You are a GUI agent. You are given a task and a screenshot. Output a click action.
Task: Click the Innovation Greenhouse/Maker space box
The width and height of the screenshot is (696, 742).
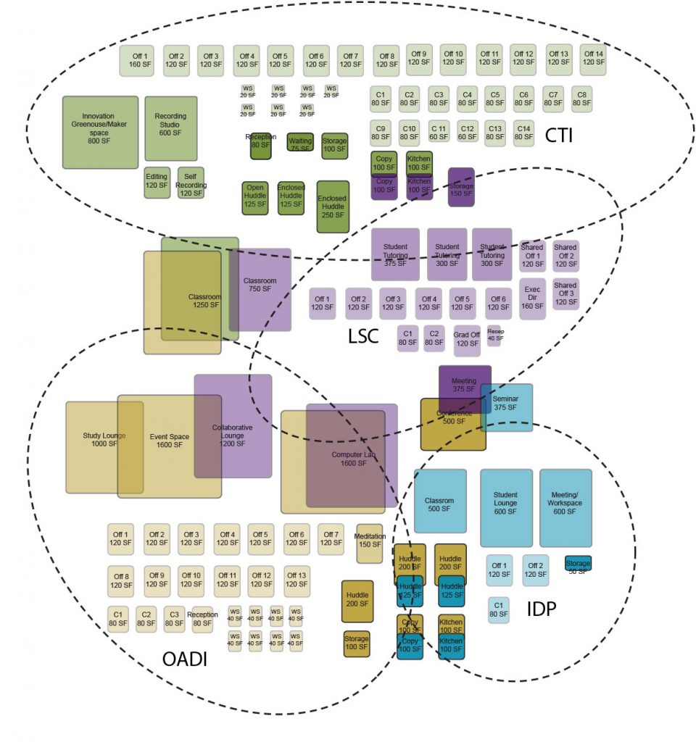pyautogui.click(x=100, y=132)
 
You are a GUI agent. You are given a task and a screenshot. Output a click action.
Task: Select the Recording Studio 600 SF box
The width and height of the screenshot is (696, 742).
pyautogui.click(x=170, y=128)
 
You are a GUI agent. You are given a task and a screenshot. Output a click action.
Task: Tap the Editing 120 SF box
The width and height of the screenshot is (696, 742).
pyautogui.click(x=157, y=182)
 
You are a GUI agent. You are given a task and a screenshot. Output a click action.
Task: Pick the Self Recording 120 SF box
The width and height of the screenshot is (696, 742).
pyautogui.click(x=191, y=183)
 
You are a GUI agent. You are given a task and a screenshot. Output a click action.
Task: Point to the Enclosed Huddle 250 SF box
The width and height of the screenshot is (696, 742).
pyautogui.click(x=333, y=207)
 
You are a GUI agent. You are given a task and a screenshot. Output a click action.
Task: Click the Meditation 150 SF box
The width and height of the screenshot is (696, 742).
pyautogui.click(x=369, y=542)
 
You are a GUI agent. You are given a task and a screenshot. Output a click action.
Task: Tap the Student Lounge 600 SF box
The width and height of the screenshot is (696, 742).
pyautogui.click(x=505, y=507)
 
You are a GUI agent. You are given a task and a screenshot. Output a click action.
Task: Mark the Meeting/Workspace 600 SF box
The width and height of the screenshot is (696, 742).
pyautogui.click(x=565, y=507)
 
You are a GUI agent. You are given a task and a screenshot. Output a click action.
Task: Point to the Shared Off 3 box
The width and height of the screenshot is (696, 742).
pyautogui.click(x=565, y=293)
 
